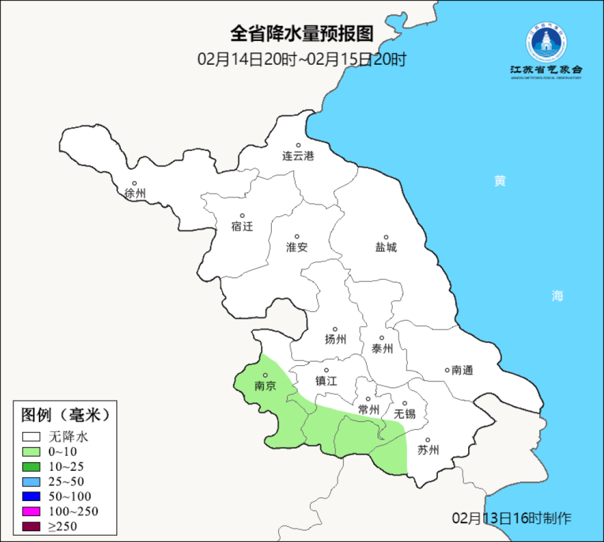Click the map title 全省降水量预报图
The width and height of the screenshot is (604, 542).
click(x=302, y=33)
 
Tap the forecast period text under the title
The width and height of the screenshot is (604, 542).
click(x=302, y=60)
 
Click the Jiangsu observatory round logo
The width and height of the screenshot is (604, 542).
click(x=545, y=42)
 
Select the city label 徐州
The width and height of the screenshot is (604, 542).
click(x=135, y=193)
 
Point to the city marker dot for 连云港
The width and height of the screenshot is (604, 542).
click(x=299, y=145)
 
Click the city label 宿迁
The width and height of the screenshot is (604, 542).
click(x=242, y=226)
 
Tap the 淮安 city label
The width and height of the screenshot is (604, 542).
click(x=297, y=247)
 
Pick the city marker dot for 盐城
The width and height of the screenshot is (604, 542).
click(x=386, y=237)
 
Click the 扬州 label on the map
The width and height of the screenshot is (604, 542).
click(x=335, y=339)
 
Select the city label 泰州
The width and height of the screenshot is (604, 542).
click(x=382, y=348)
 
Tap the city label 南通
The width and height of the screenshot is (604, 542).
click(x=462, y=370)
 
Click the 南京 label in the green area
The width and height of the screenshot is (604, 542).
click(x=265, y=386)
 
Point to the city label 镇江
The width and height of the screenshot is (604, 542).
click(x=327, y=381)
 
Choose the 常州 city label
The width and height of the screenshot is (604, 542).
click(x=368, y=410)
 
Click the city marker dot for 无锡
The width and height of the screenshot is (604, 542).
click(x=405, y=404)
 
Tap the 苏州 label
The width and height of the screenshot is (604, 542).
click(x=427, y=450)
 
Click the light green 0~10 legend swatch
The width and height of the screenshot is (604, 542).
click(x=31, y=451)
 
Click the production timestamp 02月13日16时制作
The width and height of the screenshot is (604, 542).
click(x=512, y=518)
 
